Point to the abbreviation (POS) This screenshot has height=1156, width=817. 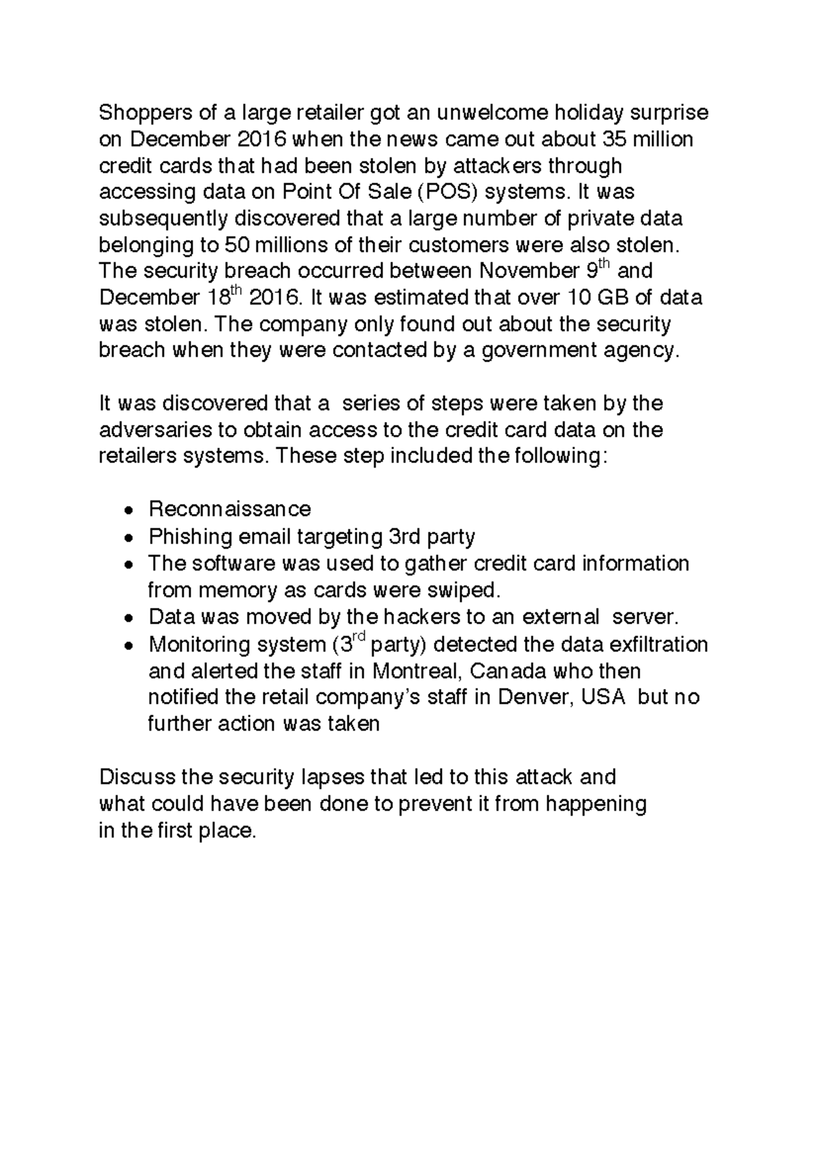pos(447,192)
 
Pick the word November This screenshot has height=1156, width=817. pos(528,272)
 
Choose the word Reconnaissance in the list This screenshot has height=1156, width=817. pos(229,509)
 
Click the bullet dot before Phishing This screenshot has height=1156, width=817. pos(129,538)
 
